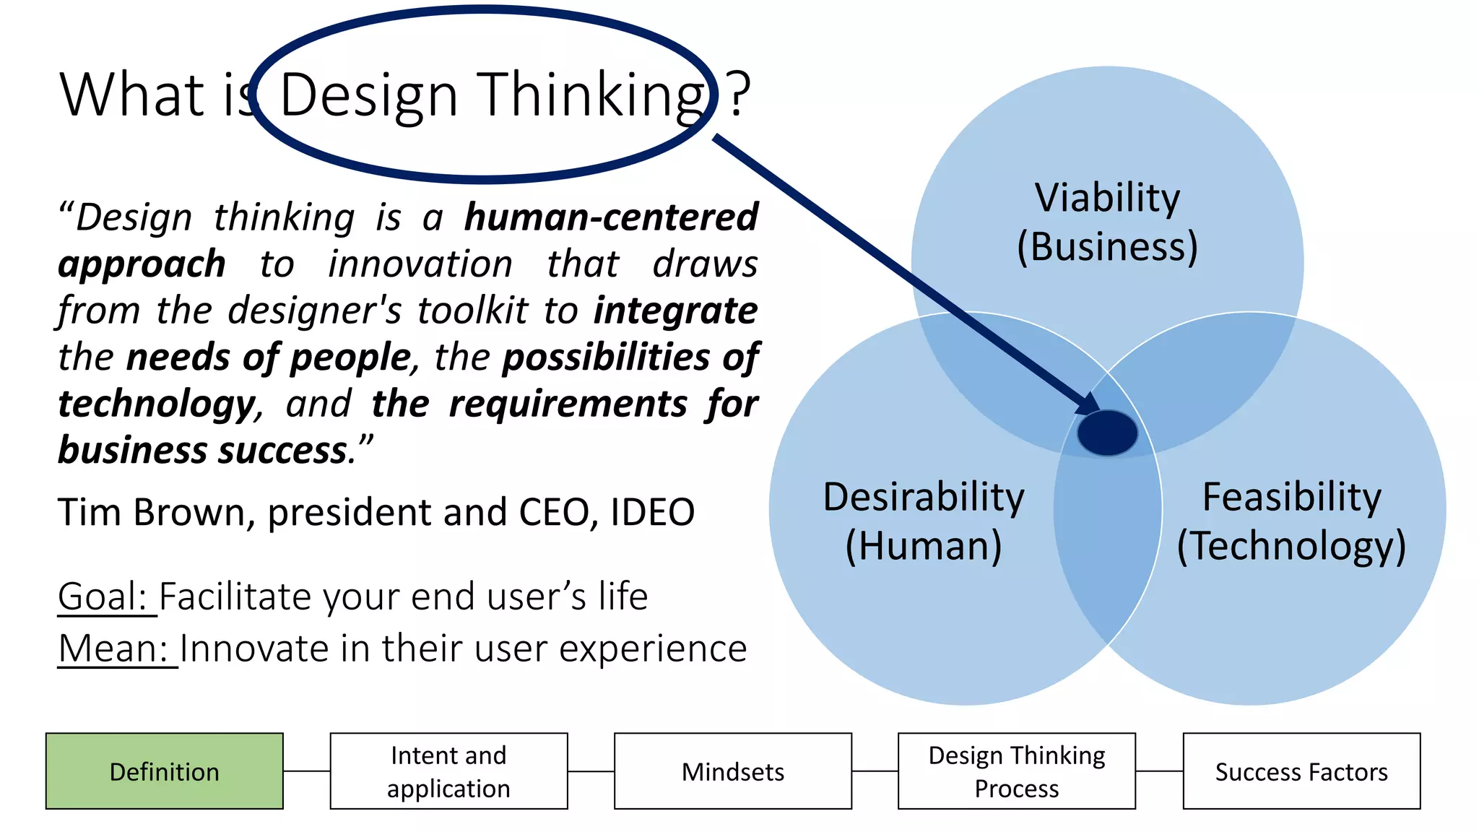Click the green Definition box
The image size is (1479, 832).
tap(164, 771)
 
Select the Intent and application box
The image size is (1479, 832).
tap(448, 771)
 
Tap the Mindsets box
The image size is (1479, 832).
tap(732, 771)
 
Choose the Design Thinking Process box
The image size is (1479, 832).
tap(1016, 771)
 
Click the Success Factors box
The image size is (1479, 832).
tap(1301, 771)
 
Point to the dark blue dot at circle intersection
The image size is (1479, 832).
tap(1106, 433)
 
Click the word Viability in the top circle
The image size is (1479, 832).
tap(1107, 197)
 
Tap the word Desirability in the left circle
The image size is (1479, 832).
tap(924, 497)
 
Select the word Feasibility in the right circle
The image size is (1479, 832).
tap(1291, 497)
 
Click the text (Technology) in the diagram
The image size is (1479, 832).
tap(1291, 545)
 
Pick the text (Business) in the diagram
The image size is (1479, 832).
tap(1107, 247)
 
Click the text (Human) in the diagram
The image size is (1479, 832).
tap(924, 545)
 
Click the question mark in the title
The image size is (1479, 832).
tap(739, 94)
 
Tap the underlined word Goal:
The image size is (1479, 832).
tap(103, 597)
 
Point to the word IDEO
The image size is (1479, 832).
tap(652, 513)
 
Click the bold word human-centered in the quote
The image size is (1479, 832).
tap(611, 217)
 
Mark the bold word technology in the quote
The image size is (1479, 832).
tap(157, 403)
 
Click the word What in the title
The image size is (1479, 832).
tap(132, 94)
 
